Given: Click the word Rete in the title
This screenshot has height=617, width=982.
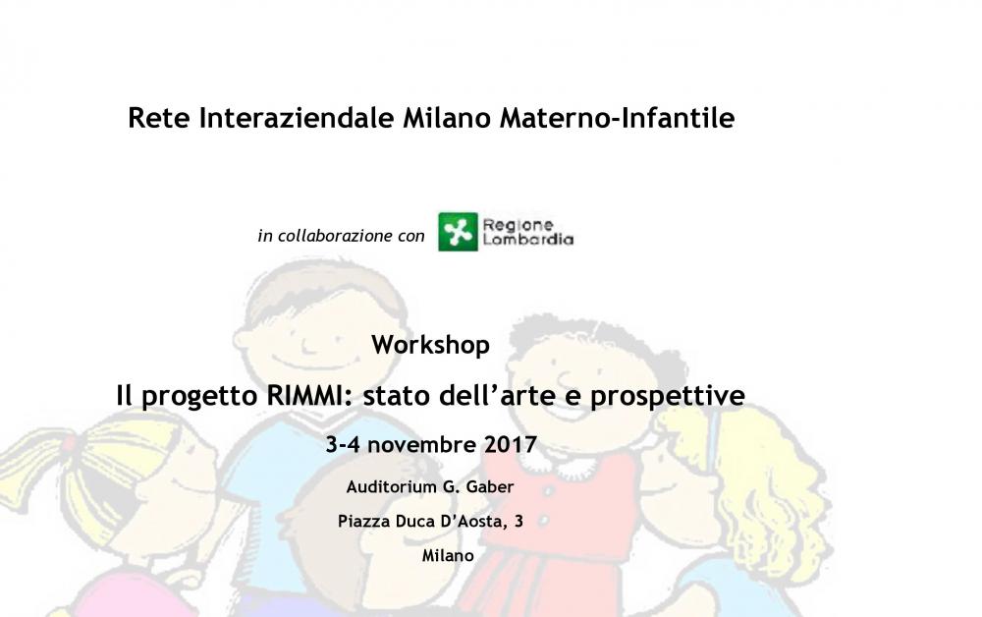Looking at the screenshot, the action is (x=158, y=118).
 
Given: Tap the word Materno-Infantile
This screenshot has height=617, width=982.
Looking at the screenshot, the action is (x=617, y=118).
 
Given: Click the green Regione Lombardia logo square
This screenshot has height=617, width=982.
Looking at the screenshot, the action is (x=458, y=232).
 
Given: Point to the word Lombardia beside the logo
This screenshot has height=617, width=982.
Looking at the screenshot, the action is (x=528, y=240).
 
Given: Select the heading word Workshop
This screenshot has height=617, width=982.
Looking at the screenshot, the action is (x=430, y=345).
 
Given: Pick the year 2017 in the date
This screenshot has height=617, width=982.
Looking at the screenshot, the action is (x=511, y=445).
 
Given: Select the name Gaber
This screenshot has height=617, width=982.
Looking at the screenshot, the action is (x=490, y=486).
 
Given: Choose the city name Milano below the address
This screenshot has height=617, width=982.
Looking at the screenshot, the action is (x=448, y=556).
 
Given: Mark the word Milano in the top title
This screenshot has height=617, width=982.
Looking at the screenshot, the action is (x=447, y=118).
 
